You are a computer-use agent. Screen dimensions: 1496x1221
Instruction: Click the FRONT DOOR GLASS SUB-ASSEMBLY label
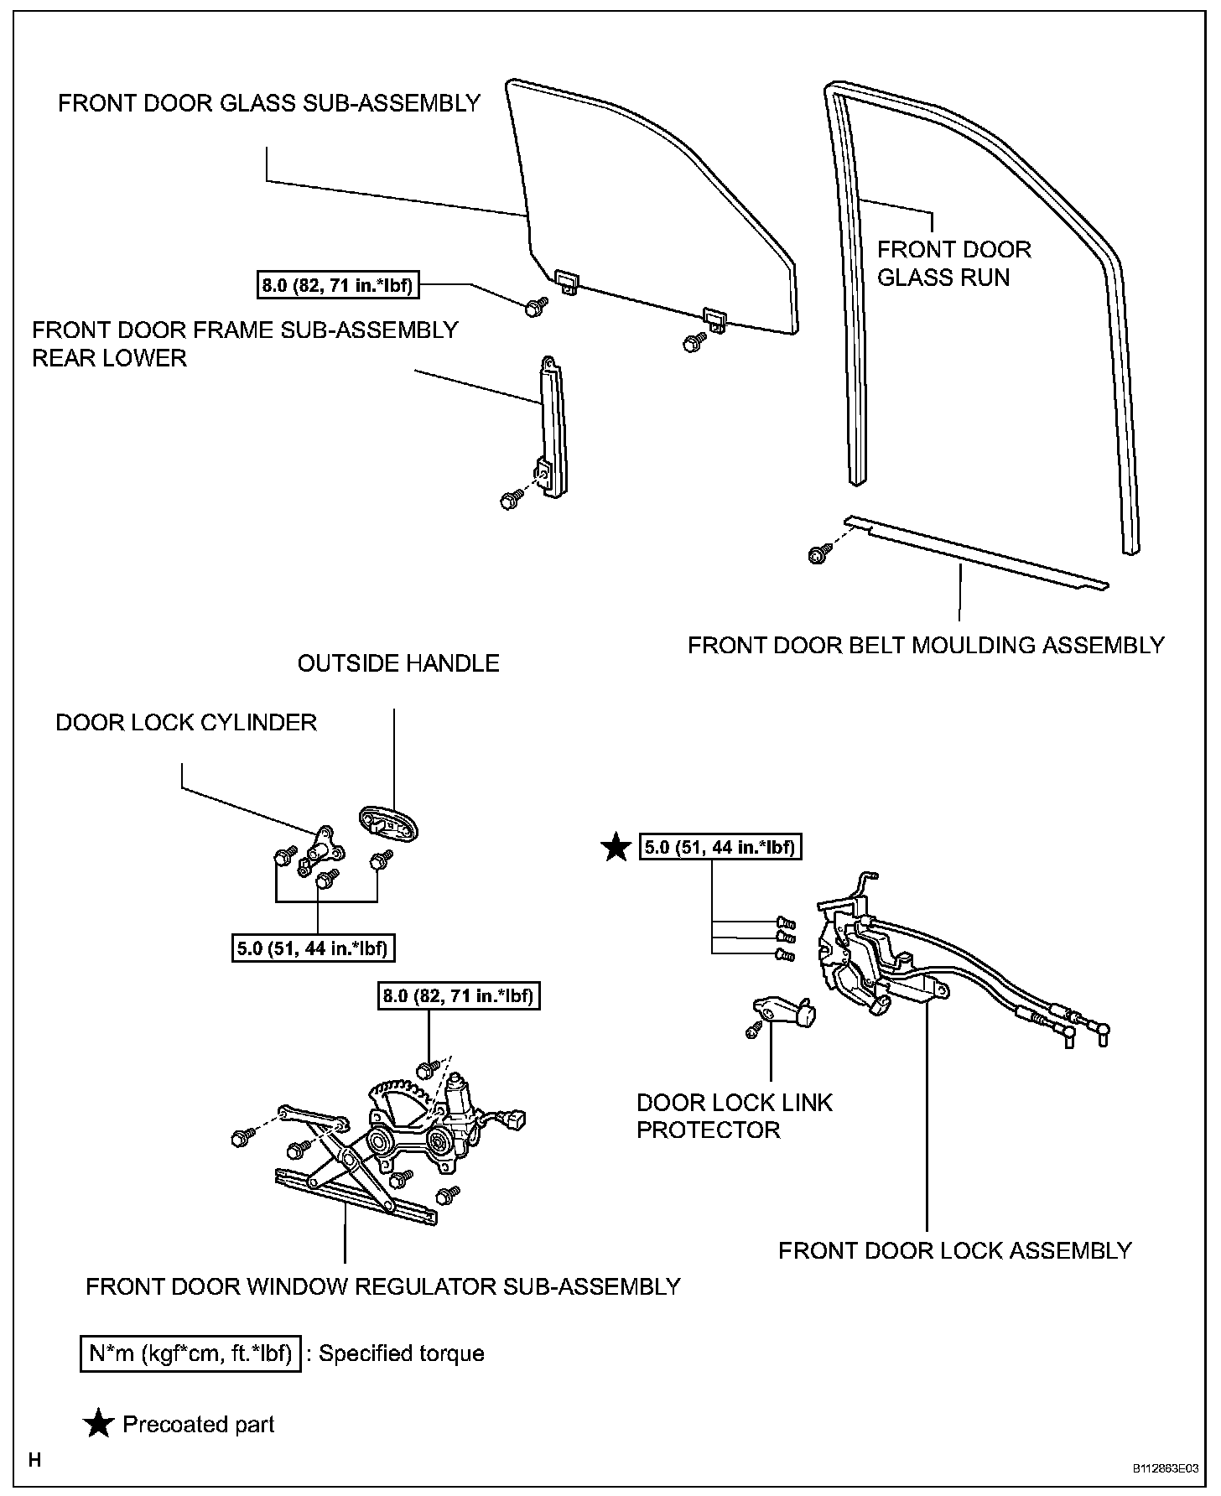[268, 103]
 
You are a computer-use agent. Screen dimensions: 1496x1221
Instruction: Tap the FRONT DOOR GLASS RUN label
[953, 263]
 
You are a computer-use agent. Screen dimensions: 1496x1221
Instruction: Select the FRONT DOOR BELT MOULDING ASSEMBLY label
[926, 645]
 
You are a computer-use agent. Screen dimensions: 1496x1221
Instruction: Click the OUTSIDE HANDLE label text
[398, 663]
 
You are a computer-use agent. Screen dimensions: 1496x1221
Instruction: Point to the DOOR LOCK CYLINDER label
[186, 722]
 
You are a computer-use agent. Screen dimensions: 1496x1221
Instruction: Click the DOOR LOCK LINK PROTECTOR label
[734, 1115]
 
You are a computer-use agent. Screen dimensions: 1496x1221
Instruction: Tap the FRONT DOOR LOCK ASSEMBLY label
[954, 1250]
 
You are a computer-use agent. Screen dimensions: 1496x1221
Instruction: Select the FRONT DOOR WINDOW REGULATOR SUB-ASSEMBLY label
[382, 1286]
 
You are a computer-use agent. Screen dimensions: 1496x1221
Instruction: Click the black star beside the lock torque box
[616, 848]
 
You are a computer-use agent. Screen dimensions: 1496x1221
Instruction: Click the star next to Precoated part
[100, 1424]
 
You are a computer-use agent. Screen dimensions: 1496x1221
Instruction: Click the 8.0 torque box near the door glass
[337, 285]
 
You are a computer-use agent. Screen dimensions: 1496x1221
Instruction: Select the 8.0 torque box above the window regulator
[457, 996]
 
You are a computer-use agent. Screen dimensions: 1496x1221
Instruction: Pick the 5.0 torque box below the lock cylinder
[313, 948]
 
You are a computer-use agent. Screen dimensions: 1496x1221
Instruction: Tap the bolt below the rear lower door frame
[508, 500]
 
